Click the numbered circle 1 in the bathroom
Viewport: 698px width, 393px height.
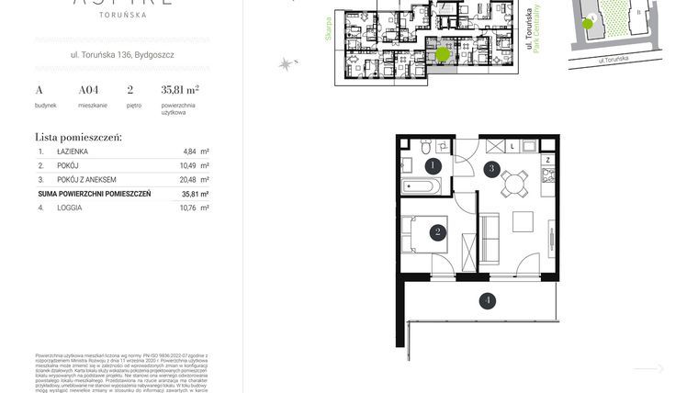pyautogui.click(x=432, y=165)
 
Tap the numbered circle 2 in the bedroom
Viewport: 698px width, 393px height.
pyautogui.click(x=439, y=232)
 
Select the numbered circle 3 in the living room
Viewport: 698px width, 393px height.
pyautogui.click(x=492, y=168)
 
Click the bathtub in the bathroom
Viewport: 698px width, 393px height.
pyautogui.click(x=422, y=187)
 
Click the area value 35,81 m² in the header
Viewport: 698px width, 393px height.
pyautogui.click(x=180, y=90)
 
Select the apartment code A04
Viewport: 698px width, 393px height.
pyautogui.click(x=88, y=90)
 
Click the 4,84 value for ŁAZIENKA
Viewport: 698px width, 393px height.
pyautogui.click(x=190, y=151)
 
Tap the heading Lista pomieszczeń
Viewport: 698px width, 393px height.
pyautogui.click(x=78, y=136)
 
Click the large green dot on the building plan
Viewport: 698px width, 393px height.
pyautogui.click(x=443, y=54)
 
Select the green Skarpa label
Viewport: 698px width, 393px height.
pyautogui.click(x=325, y=36)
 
